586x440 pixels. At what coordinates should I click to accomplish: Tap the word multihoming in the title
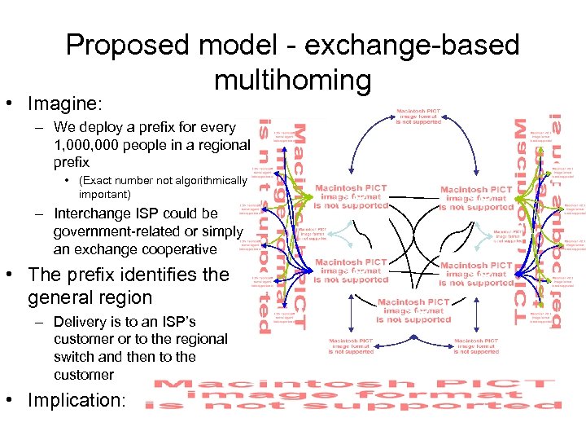(x=293, y=80)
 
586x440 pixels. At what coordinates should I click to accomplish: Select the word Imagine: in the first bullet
(x=65, y=104)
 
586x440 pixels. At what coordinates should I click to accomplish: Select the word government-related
(x=116, y=231)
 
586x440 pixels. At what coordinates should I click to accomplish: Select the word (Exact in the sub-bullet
(x=95, y=180)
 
